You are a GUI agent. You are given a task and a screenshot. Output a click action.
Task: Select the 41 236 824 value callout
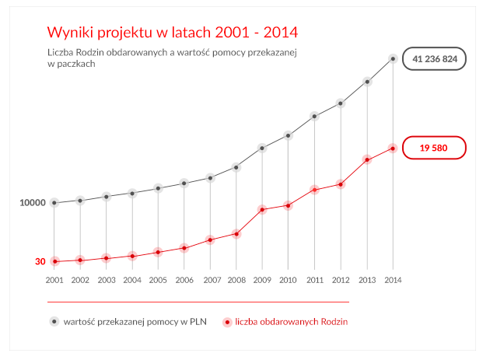(435, 58)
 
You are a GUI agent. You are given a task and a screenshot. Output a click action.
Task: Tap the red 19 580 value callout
(435, 148)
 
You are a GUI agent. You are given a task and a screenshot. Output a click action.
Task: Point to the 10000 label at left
(33, 203)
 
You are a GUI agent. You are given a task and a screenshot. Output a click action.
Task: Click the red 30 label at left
(40, 262)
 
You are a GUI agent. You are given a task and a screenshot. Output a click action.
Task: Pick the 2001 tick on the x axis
(54, 280)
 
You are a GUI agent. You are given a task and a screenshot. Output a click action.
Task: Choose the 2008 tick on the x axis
(236, 280)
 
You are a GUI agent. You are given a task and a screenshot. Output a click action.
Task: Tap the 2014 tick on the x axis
(393, 280)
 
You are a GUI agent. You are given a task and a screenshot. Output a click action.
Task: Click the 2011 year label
(315, 280)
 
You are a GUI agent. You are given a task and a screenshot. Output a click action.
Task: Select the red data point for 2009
(263, 209)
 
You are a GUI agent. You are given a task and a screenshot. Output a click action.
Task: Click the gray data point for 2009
(263, 148)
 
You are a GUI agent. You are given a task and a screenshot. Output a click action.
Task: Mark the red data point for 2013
(367, 159)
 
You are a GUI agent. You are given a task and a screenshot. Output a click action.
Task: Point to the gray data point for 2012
(341, 103)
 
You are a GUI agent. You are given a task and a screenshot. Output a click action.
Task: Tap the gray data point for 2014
(393, 58)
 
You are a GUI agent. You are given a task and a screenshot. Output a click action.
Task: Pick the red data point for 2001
(54, 261)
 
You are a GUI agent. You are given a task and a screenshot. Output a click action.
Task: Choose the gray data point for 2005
(159, 188)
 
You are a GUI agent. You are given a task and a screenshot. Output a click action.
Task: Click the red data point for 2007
(211, 239)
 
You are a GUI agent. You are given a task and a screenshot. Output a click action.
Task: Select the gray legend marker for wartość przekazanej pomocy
(54, 320)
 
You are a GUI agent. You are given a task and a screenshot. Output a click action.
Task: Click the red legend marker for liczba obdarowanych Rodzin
(226, 320)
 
